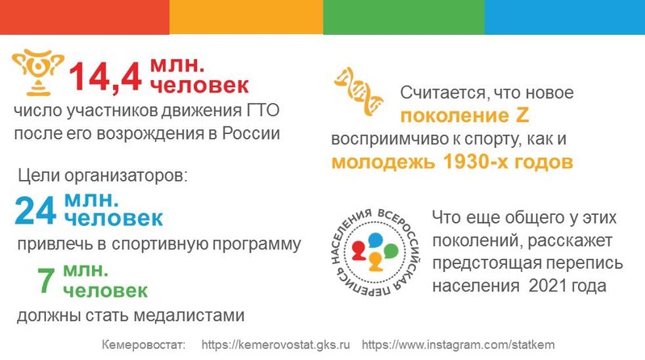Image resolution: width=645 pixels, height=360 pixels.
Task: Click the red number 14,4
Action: [106, 76]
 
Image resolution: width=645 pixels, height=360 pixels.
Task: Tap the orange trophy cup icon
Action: [38, 73]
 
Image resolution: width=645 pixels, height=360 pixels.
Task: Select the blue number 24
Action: [36, 211]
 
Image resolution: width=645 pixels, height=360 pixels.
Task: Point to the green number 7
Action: [46, 280]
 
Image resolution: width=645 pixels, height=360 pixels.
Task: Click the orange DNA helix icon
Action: [358, 91]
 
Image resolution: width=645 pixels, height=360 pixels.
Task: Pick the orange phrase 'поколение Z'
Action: [464, 115]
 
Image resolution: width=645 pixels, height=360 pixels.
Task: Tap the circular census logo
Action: [375, 252]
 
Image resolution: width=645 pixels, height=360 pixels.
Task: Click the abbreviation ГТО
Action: [263, 111]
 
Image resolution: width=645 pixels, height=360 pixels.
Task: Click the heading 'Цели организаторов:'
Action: [103, 176]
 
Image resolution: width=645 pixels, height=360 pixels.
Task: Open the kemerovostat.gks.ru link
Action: [275, 345]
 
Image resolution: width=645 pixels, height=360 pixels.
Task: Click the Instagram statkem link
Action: [459, 345]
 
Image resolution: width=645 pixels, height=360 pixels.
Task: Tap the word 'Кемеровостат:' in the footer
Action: [144, 345]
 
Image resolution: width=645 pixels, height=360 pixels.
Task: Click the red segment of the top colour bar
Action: [85, 17]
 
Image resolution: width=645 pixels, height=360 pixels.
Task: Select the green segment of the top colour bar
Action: [404, 17]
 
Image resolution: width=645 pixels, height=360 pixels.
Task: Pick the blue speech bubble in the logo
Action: [375, 241]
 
